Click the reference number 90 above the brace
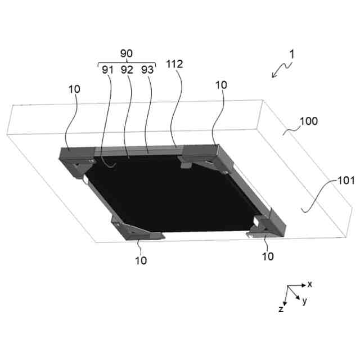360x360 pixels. coord(127,53)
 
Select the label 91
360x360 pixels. coord(107,70)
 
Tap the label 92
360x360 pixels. coord(127,70)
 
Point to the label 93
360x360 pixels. coord(147,70)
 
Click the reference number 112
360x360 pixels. coord(174,64)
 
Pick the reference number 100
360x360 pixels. coord(309,121)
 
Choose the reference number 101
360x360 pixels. coord(346,181)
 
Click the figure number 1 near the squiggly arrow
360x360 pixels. coord(291,55)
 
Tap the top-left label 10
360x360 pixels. coord(74,89)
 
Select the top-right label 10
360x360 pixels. coord(221,85)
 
